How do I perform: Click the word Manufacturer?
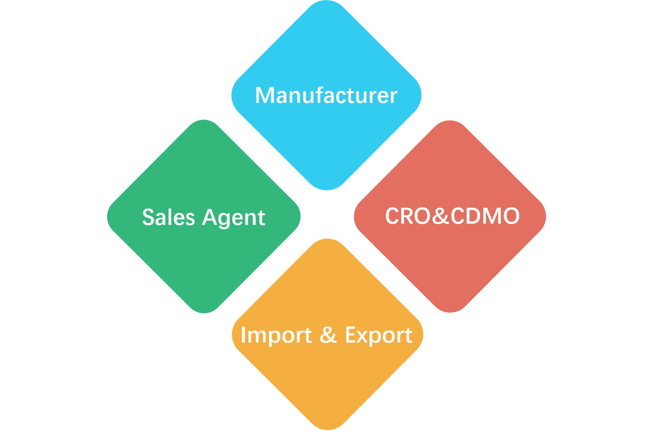tap(326, 96)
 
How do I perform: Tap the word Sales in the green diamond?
tap(169, 218)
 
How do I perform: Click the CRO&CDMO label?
tap(452, 216)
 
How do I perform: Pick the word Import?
tap(276, 335)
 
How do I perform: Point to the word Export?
tap(378, 335)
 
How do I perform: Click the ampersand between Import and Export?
tap(328, 335)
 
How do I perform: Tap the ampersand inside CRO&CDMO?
tap(440, 216)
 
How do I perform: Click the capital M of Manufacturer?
tap(263, 96)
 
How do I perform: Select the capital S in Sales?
tap(149, 218)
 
